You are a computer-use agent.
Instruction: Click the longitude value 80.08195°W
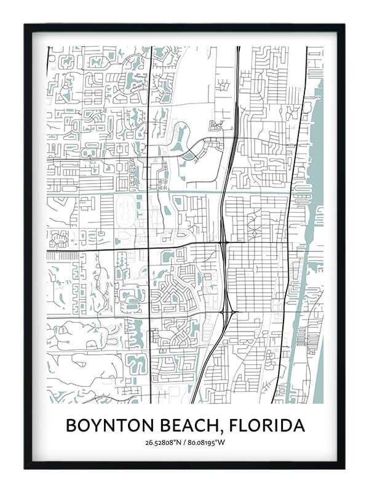206,442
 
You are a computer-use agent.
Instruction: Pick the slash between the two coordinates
186,442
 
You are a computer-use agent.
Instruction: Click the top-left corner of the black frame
25,25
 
